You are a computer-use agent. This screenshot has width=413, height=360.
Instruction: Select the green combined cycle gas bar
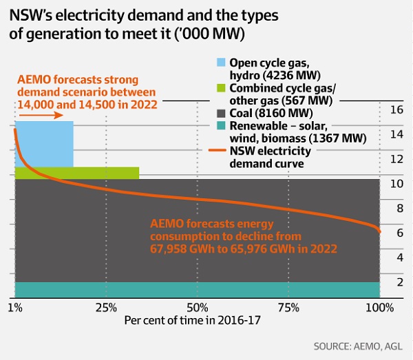tap(103, 173)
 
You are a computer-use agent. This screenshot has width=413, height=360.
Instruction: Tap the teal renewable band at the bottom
tap(196, 290)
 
